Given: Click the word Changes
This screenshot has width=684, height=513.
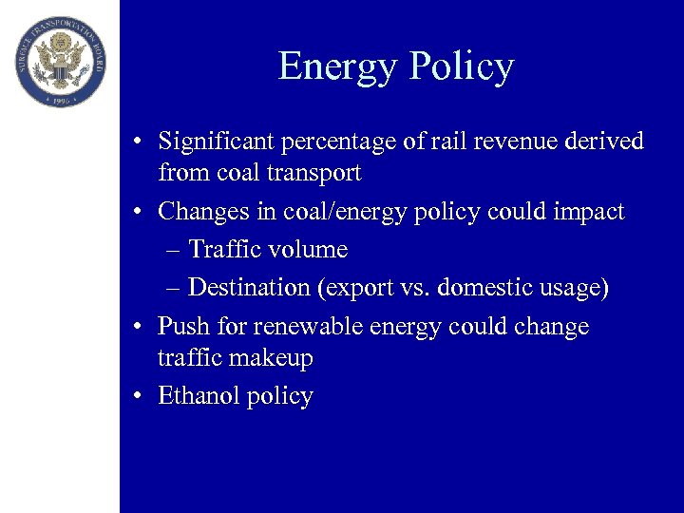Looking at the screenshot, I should click(x=202, y=211).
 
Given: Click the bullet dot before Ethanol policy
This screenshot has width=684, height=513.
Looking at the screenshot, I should click(x=139, y=396).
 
